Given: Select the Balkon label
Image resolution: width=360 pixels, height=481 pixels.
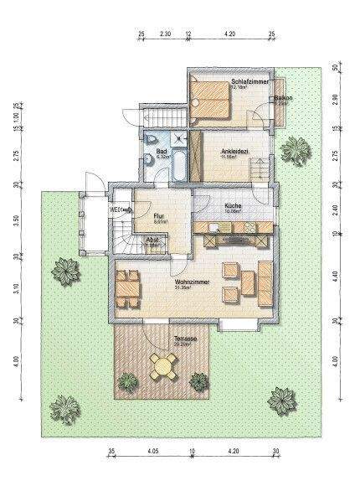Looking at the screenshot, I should pos(282,98).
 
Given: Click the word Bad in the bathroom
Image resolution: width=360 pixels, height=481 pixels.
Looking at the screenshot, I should pos(162,151).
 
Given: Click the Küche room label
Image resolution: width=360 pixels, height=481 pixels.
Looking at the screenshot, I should pos(234,205).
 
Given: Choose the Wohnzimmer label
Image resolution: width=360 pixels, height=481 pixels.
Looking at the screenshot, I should pos(192,282).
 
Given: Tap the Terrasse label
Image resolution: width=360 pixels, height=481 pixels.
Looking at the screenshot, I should pos(186,339).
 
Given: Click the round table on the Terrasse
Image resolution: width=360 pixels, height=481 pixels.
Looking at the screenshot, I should pos(165,365).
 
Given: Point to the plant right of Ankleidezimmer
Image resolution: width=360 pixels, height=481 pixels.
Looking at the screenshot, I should pos(294,150).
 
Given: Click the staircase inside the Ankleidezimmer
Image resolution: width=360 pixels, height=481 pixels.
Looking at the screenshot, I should pos(260,169).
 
